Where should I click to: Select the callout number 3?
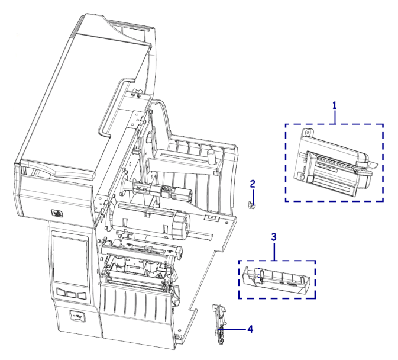(x=273, y=237)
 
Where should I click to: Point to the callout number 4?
(x=250, y=327)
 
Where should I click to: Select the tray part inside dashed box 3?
(x=276, y=281)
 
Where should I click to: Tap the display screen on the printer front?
(x=70, y=261)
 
